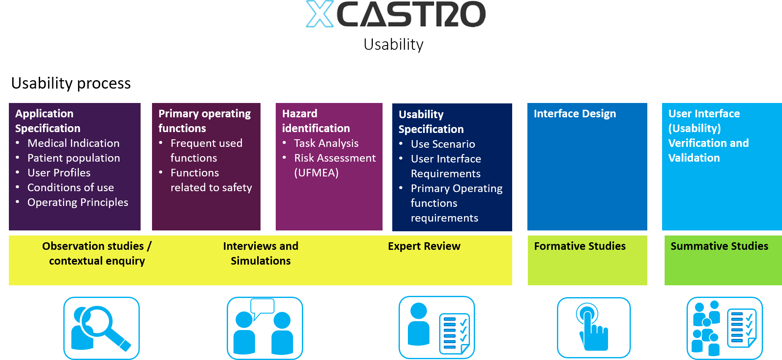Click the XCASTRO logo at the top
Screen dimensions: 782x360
pos(396,14)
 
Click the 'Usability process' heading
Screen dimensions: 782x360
pos(71,84)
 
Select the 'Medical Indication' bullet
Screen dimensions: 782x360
pos(73,143)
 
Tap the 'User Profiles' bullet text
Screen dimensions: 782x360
pos(59,173)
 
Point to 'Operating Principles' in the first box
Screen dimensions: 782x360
pos(78,203)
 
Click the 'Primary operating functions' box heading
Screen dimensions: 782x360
pos(204,121)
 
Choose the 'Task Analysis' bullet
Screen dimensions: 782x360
pos(326,143)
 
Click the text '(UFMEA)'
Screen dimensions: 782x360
pos(316,173)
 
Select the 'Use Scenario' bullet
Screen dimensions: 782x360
pos(443,144)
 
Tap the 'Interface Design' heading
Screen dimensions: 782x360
pos(575,114)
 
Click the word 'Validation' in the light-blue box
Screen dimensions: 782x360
pos(694,158)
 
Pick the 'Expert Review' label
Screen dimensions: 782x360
pos(424,246)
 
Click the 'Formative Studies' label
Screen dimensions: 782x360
pos(580,246)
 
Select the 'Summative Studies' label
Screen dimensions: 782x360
pos(720,246)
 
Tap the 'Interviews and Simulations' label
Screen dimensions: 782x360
pos(261,254)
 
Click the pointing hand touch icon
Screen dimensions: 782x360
pos(594,328)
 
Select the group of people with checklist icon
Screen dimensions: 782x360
pos(725,328)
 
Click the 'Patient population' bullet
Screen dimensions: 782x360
pos(74,158)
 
